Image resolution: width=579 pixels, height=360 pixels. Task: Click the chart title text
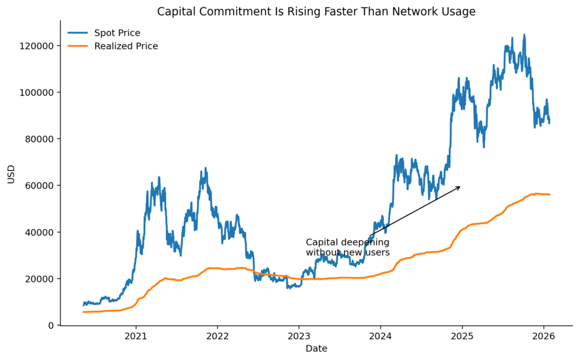point(316,11)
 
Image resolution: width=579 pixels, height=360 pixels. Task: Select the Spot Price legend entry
point(117,33)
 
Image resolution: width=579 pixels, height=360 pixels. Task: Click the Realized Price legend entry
point(126,46)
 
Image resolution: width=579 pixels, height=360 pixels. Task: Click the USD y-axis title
point(11,174)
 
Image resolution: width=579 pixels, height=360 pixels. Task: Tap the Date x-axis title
point(316,349)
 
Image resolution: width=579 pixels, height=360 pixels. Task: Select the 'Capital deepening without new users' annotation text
point(347,248)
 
